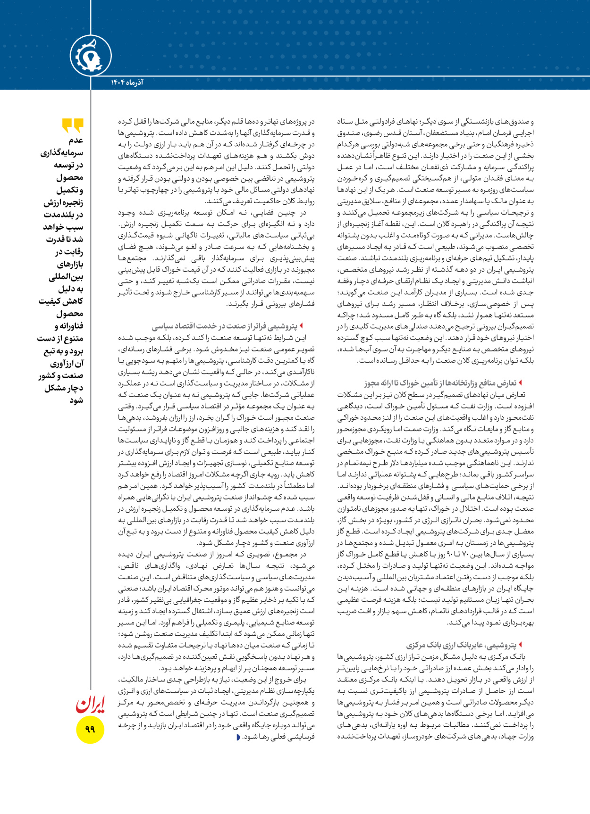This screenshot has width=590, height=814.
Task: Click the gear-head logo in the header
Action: tap(91, 56)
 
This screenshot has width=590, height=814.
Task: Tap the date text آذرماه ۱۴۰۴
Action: tap(127, 83)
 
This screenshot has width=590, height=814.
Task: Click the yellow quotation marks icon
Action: tap(73, 125)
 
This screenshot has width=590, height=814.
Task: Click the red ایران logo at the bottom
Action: tap(90, 704)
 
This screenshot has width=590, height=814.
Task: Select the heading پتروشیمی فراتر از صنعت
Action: tap(225, 326)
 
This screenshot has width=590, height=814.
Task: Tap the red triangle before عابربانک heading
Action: tap(520, 644)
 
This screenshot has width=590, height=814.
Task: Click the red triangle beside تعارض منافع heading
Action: tap(520, 383)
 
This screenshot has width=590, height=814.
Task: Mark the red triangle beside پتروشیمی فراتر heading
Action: tap(301, 326)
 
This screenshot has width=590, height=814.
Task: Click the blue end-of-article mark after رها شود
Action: tap(238, 737)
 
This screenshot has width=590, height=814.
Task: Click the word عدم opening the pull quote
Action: tap(76, 141)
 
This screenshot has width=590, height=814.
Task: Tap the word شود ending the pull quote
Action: tap(76, 400)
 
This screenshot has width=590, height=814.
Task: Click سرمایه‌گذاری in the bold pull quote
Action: tap(61, 153)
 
